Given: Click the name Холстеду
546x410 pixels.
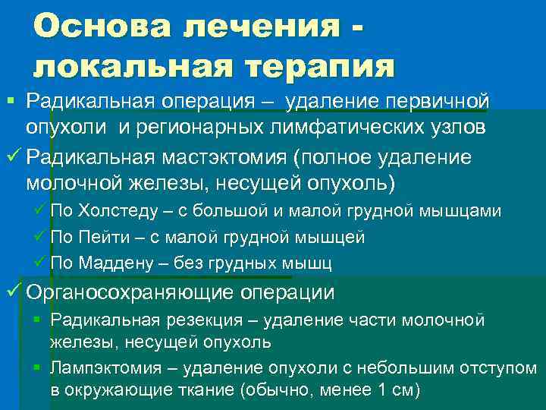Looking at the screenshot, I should pos(116,212).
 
